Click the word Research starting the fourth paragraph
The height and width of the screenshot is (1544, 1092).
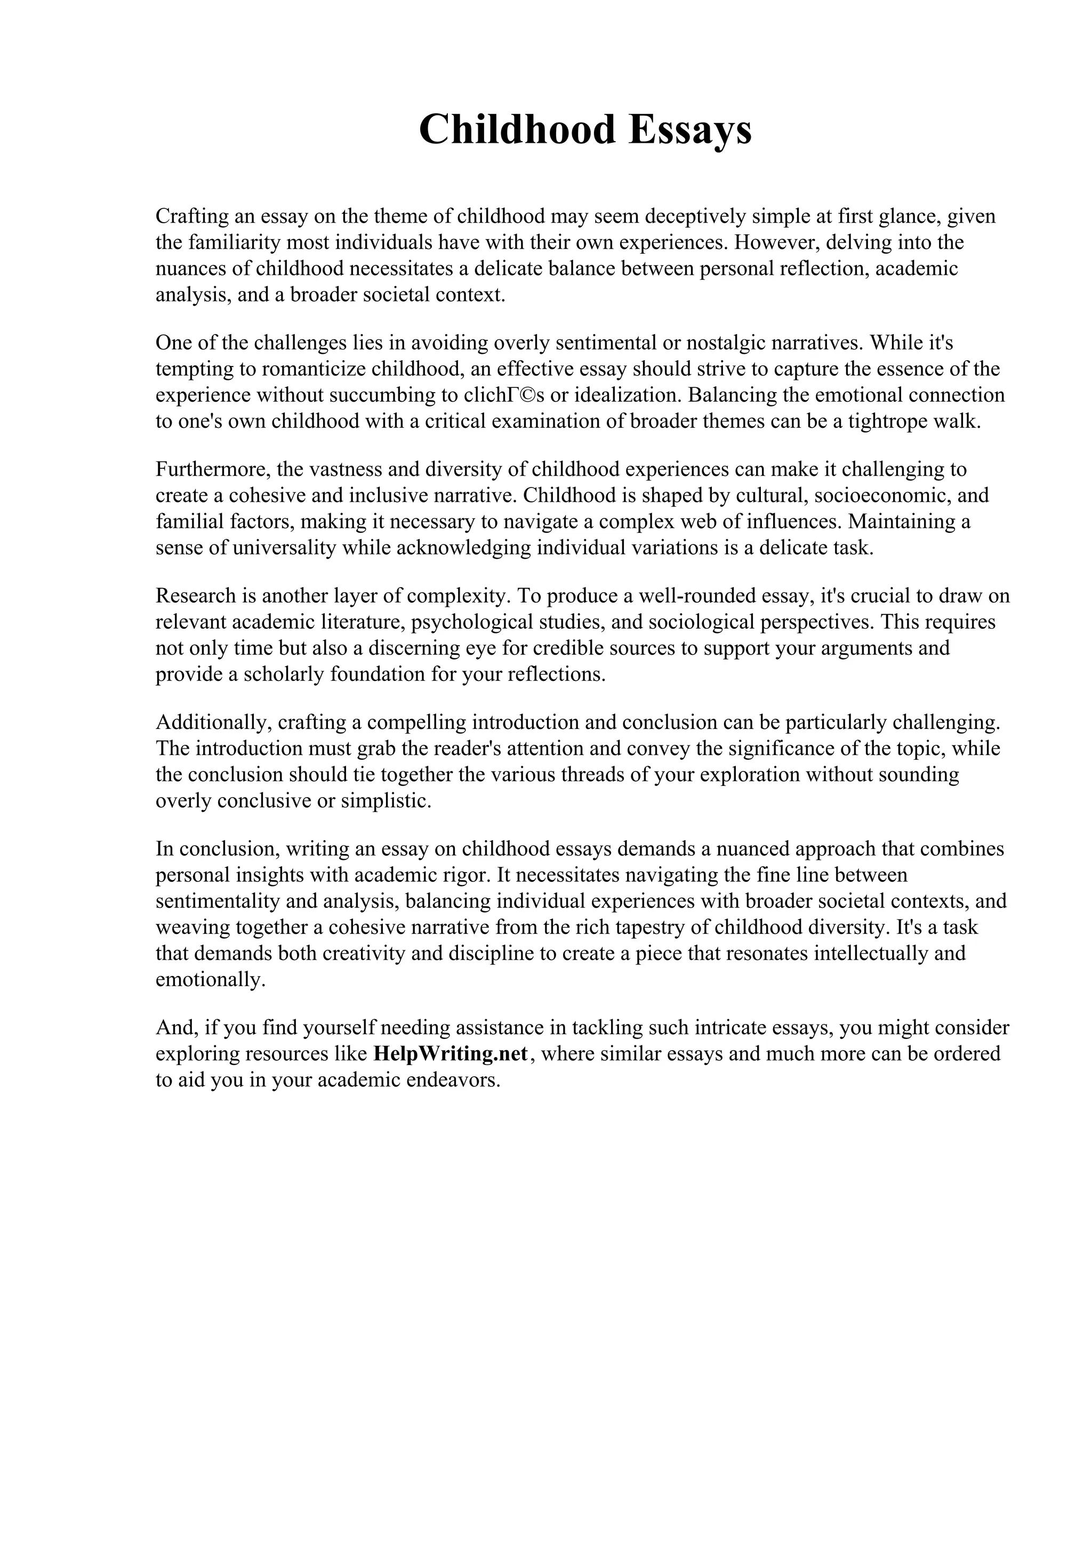[195, 595]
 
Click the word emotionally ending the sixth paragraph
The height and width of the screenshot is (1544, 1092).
[211, 980]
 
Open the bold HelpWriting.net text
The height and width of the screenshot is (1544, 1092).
[450, 1054]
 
